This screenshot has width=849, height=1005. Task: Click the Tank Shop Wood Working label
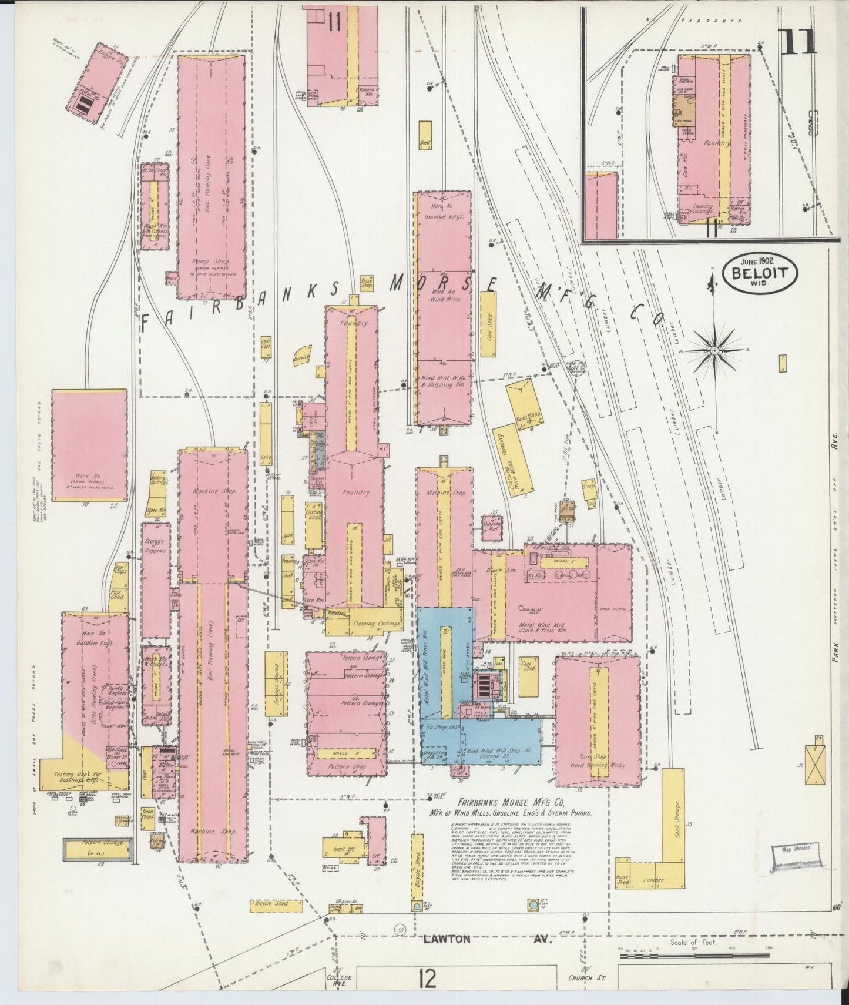tap(597, 765)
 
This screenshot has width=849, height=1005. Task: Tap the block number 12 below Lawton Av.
tap(427, 979)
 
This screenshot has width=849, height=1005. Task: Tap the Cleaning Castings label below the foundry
tap(376, 624)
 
